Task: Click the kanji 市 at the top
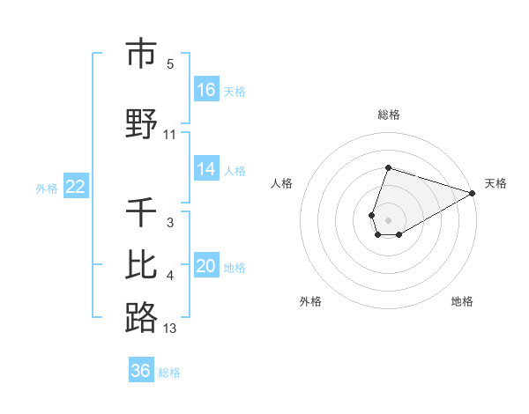(x=141, y=55)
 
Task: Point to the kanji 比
(x=141, y=265)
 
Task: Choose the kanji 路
(x=141, y=317)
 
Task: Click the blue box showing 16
(x=206, y=89)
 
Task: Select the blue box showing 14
(x=206, y=169)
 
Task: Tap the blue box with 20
(x=206, y=266)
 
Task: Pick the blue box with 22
(x=76, y=187)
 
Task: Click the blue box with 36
(x=141, y=371)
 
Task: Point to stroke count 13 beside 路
(x=170, y=329)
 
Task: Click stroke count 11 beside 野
(x=170, y=135)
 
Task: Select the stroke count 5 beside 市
(x=170, y=63)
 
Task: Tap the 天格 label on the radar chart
(x=495, y=183)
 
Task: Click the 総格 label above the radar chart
(x=389, y=115)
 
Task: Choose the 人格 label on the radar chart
(x=281, y=183)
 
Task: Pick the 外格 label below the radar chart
(x=310, y=301)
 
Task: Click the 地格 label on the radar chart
(x=462, y=301)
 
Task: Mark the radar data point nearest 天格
(x=473, y=193)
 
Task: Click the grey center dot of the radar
(x=389, y=219)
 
